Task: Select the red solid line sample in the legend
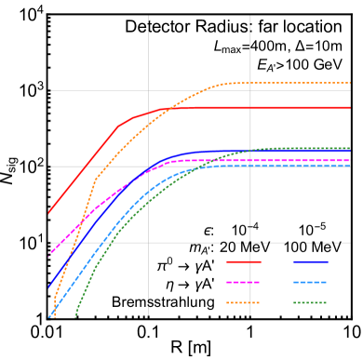tap(244, 261)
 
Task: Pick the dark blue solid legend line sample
tap(310, 261)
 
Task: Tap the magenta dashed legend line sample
tap(244, 282)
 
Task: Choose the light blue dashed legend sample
tap(310, 282)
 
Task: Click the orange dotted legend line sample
tap(244, 302)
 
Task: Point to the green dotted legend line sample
tap(310, 302)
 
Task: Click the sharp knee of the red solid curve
tap(118, 126)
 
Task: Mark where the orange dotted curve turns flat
tap(227, 84)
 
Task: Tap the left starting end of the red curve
tap(48, 213)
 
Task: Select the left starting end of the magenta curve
tap(48, 254)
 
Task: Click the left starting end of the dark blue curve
tap(48, 287)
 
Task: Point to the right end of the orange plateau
tap(350, 83)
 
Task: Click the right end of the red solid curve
tap(350, 108)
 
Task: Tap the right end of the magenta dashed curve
tap(350, 160)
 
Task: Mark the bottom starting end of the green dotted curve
tap(74, 317)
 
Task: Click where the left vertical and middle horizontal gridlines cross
tap(148, 167)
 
